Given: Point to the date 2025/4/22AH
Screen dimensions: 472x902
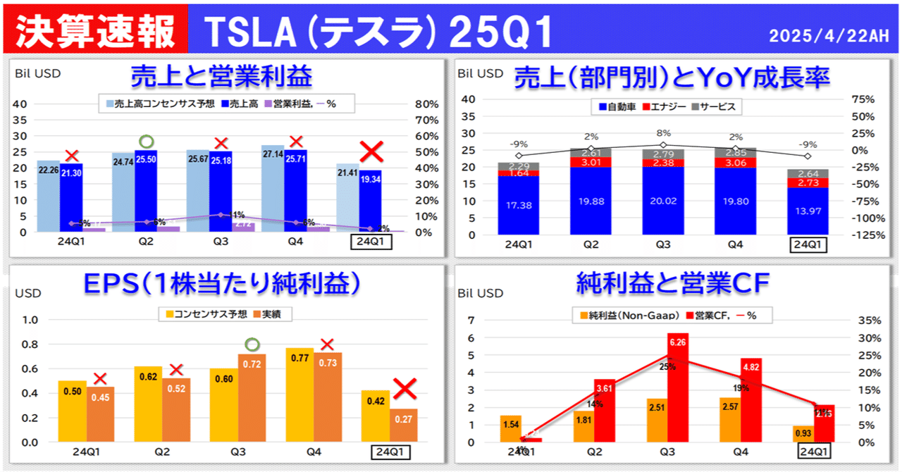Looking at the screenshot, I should [829, 36].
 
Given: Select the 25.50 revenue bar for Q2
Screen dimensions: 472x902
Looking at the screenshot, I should [146, 190].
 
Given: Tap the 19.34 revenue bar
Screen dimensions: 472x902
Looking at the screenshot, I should [370, 201].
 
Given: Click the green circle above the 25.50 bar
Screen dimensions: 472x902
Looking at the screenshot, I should [146, 142].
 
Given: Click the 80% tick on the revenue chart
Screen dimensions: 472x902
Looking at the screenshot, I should [427, 104].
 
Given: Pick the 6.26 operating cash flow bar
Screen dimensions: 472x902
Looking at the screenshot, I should [679, 387].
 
